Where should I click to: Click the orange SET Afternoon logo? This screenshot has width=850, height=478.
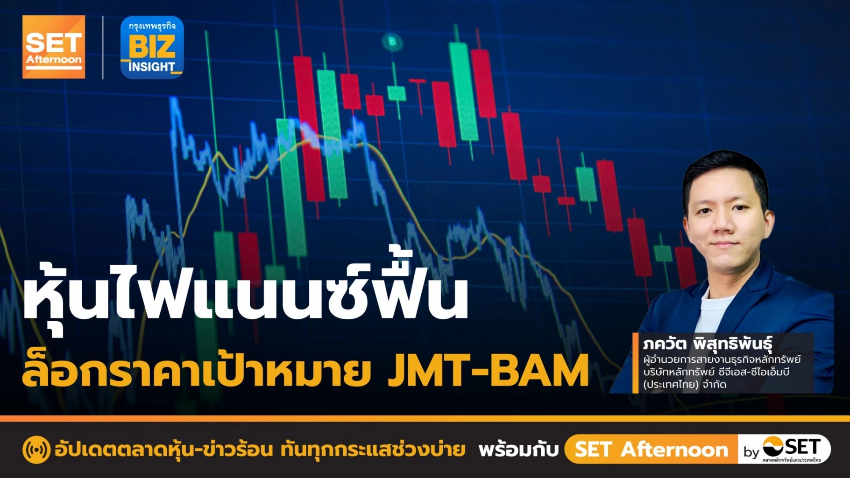click(x=54, y=47)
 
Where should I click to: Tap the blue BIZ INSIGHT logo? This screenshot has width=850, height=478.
click(x=152, y=48)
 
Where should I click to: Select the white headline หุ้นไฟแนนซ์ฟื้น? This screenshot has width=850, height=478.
click(x=245, y=294)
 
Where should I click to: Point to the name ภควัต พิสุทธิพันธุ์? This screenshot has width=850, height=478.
click(x=707, y=344)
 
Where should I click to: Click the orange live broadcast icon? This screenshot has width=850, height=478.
click(x=36, y=450)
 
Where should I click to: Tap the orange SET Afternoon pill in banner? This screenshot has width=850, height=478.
click(x=651, y=450)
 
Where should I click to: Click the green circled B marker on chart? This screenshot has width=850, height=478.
click(x=392, y=42)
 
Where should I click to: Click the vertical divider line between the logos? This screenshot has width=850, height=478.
click(x=103, y=48)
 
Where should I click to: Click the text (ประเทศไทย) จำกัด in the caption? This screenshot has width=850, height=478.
click(x=684, y=384)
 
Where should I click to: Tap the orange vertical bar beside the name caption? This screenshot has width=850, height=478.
click(x=635, y=363)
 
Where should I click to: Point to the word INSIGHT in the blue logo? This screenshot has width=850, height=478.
click(x=152, y=67)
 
